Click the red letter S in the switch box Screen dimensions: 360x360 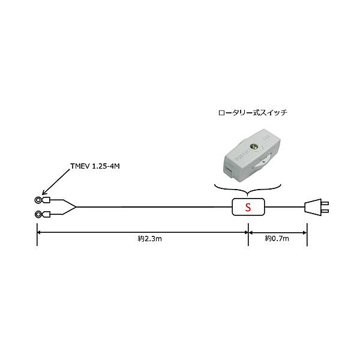[x=248, y=207]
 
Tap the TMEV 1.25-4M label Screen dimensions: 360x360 [x=95, y=166]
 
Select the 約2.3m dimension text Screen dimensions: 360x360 [x=149, y=239]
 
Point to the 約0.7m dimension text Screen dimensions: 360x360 [x=277, y=239]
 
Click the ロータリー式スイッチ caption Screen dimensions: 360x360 [x=253, y=113]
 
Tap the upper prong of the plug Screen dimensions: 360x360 [x=325, y=203]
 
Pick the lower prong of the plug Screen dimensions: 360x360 [x=325, y=211]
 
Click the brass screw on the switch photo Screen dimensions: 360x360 [x=254, y=146]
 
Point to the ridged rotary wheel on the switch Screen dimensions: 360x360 [x=262, y=163]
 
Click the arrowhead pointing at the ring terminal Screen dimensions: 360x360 [x=44, y=193]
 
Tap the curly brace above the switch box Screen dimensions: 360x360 [x=247, y=190]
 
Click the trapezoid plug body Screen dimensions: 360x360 [x=313, y=207]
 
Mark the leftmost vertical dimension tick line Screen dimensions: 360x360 [x=37, y=234]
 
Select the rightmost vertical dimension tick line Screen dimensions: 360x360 [x=307, y=234]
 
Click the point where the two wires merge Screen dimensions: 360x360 [x=76, y=207]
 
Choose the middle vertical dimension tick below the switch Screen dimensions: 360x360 [x=248, y=234]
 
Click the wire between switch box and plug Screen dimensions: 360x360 [x=284, y=207]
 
